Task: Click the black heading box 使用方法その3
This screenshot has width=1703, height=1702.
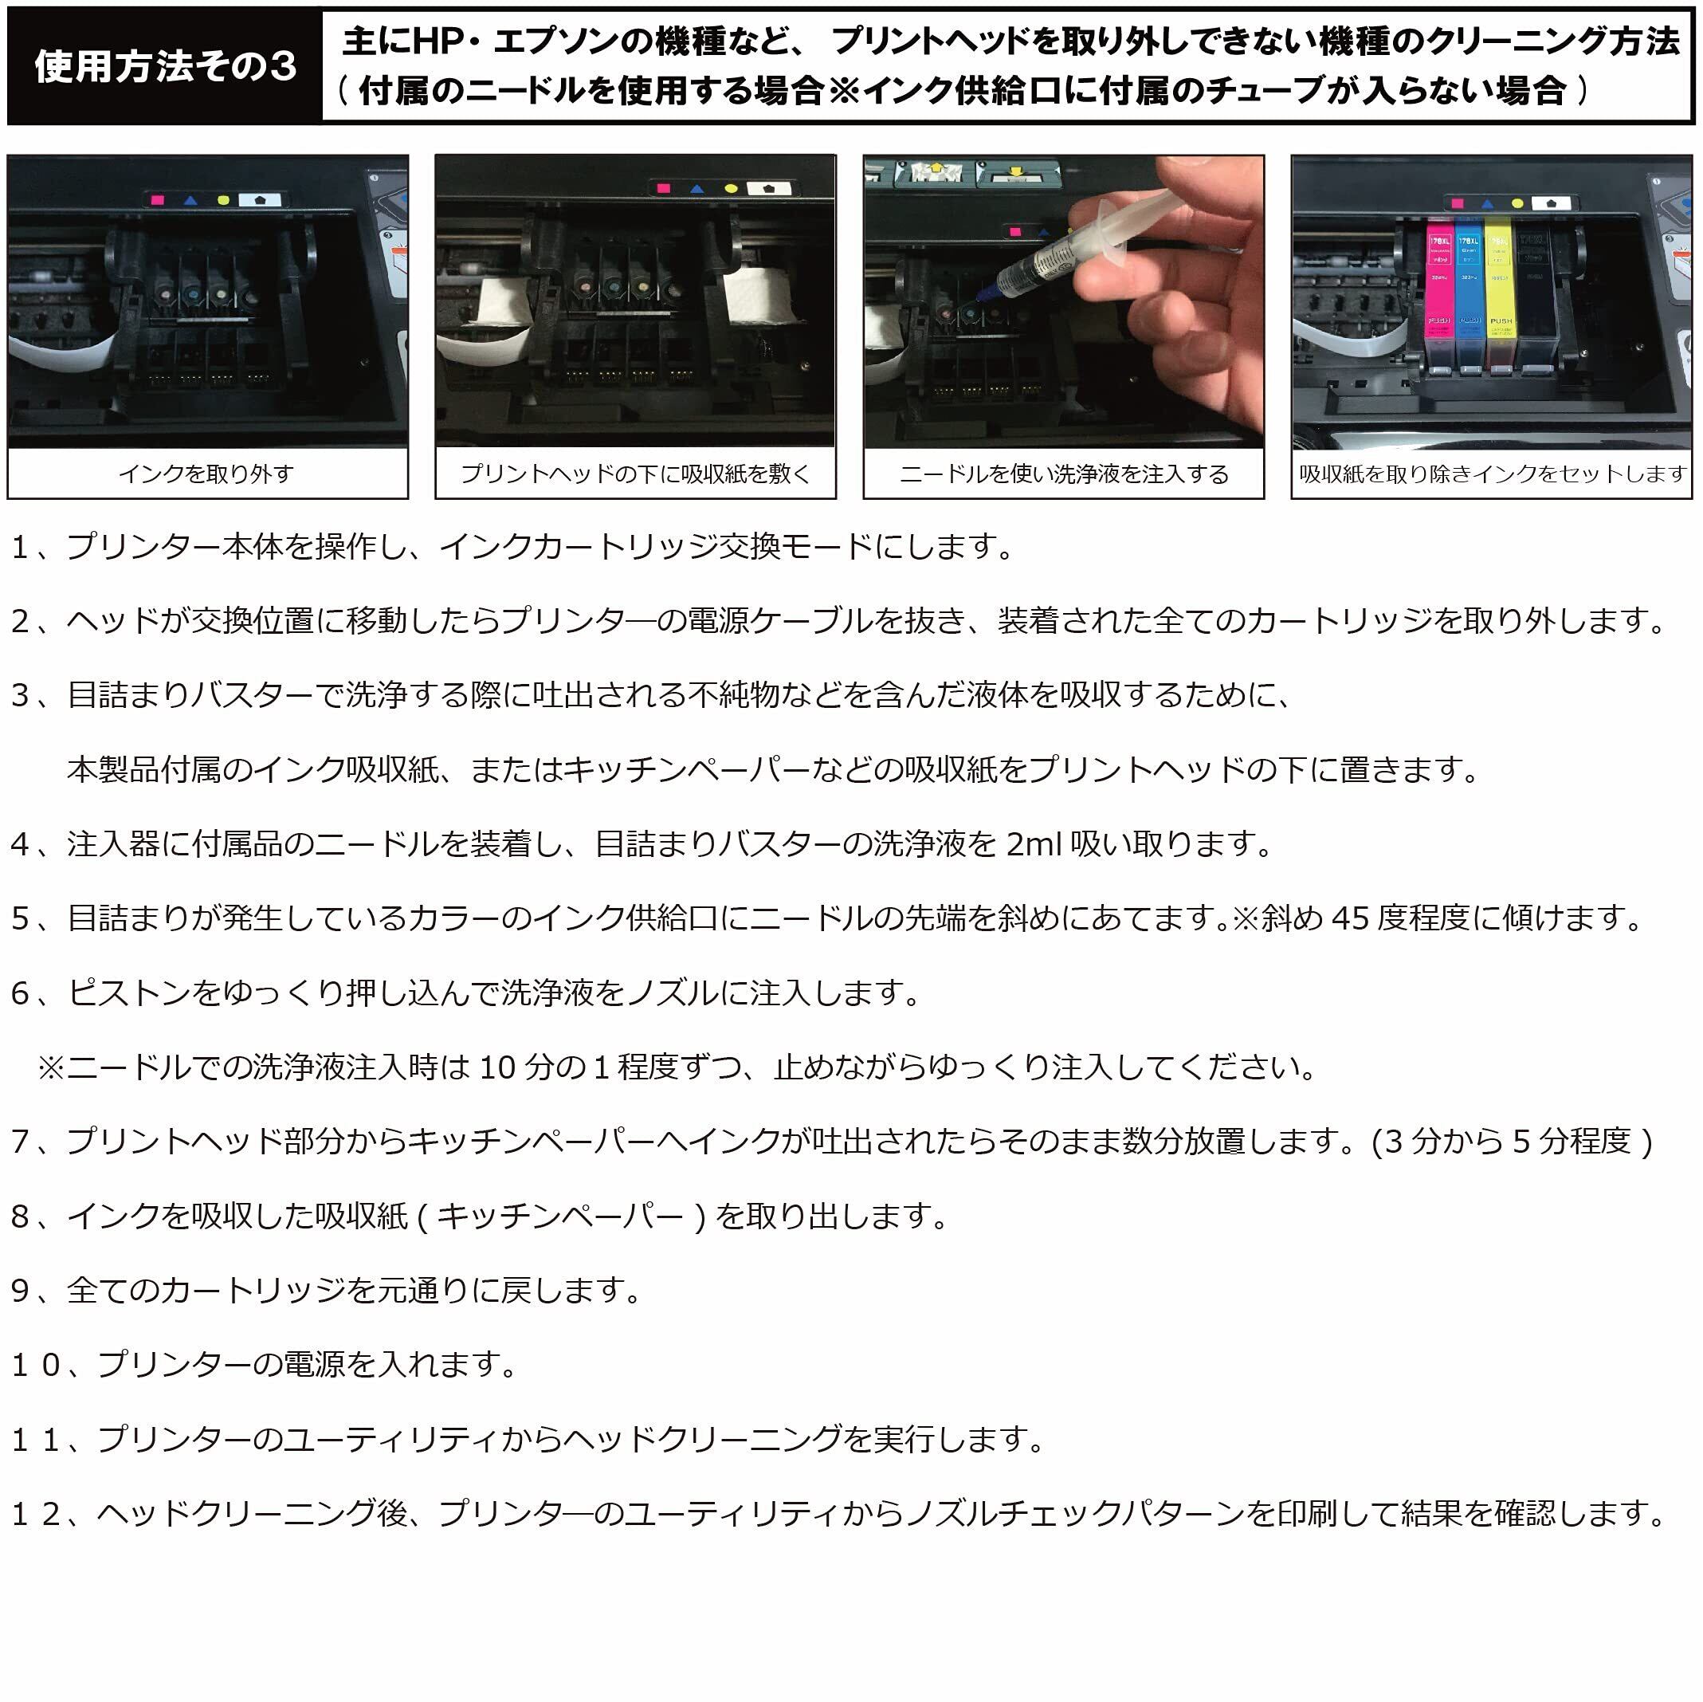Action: pyautogui.click(x=165, y=66)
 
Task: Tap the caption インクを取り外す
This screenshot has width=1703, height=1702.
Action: pyautogui.click(x=206, y=474)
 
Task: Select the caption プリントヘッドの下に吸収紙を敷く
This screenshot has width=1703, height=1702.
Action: pyautogui.click(x=634, y=474)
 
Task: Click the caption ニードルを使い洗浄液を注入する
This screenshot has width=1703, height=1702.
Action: pyautogui.click(x=1063, y=474)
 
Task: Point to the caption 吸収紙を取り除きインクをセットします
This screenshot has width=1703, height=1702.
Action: pyautogui.click(x=1493, y=474)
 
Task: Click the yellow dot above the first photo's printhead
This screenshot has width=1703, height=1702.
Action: pyautogui.click(x=222, y=200)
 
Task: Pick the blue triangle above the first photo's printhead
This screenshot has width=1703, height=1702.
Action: pyautogui.click(x=190, y=200)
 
